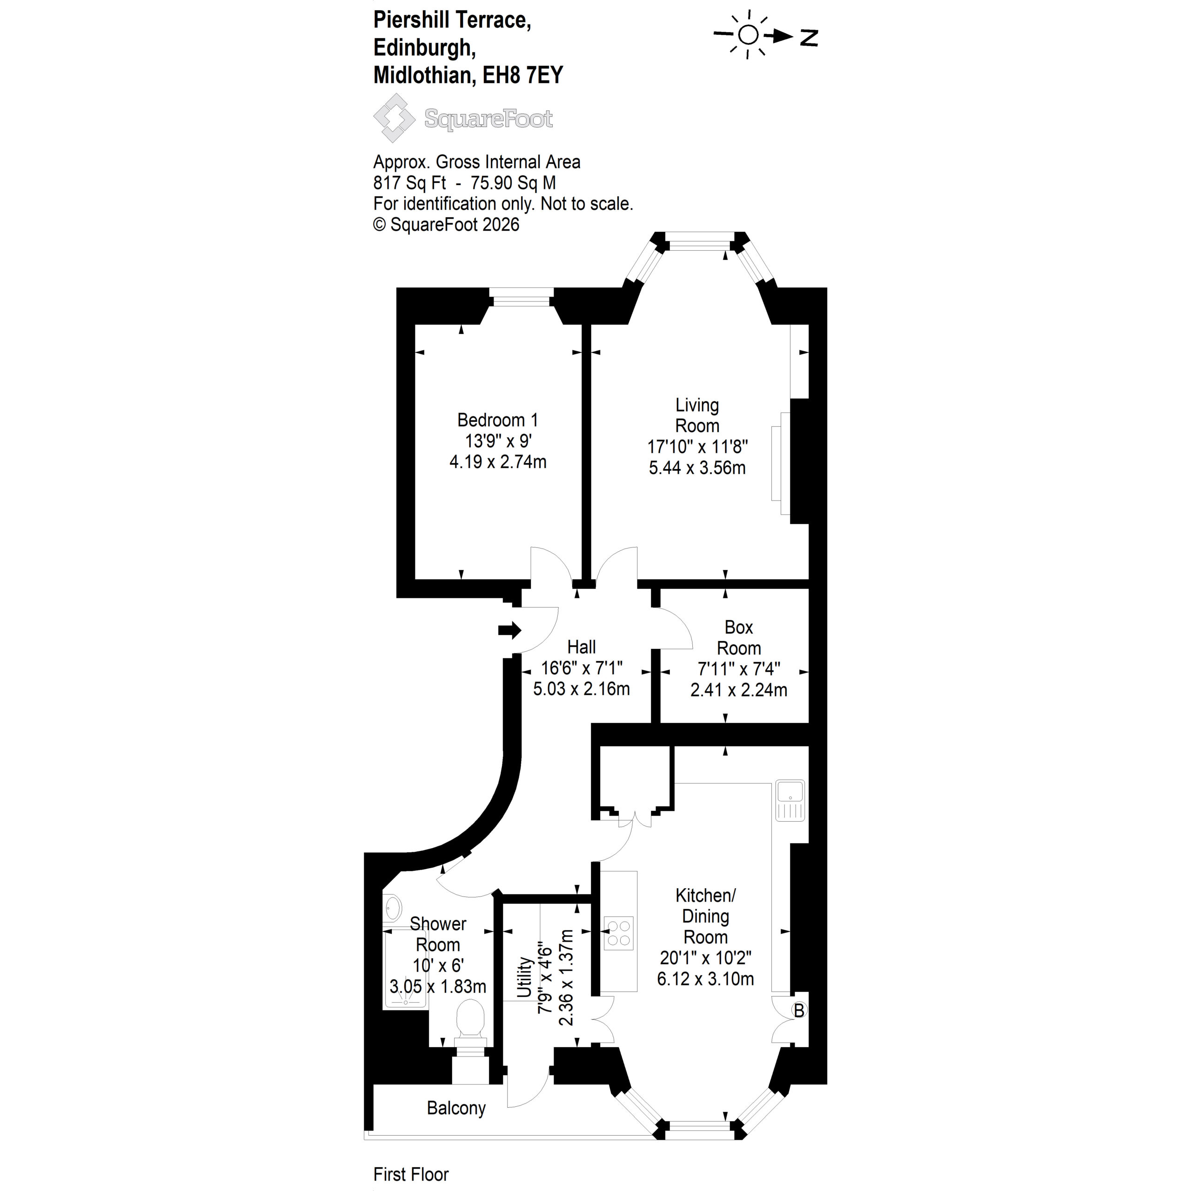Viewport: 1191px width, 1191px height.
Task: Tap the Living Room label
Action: (x=697, y=415)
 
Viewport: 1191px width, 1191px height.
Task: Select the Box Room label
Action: (x=738, y=637)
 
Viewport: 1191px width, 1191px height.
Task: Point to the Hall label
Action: (x=582, y=647)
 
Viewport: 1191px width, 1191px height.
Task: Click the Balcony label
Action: (x=456, y=1108)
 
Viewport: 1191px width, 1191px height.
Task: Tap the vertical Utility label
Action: (x=525, y=977)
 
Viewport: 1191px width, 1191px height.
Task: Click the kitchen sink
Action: (x=790, y=801)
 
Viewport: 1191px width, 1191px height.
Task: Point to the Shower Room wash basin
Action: (x=392, y=907)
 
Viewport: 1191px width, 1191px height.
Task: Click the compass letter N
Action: (x=809, y=38)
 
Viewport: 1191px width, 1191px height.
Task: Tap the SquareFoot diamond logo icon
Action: (x=395, y=118)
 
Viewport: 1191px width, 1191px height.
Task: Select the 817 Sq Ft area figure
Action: (x=410, y=183)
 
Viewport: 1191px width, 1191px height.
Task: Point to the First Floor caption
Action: (x=411, y=1174)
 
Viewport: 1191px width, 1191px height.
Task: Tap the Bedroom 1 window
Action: (x=522, y=297)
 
